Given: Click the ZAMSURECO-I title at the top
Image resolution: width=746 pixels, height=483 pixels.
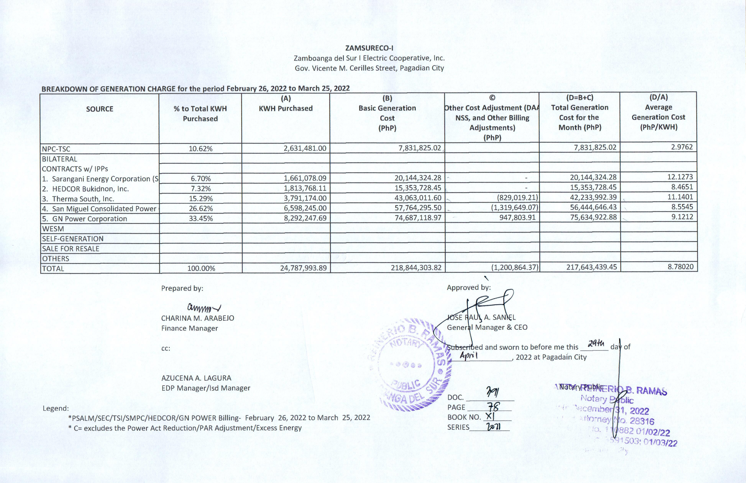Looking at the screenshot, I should point(369,48).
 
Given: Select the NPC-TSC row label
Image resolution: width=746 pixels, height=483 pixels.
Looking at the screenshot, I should point(56,149).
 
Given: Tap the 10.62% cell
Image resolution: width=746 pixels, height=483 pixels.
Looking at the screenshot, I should point(200,149).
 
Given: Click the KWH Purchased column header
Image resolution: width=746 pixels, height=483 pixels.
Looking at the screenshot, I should point(286,108).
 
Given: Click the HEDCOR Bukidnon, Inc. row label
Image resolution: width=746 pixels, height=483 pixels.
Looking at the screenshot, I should point(90,189).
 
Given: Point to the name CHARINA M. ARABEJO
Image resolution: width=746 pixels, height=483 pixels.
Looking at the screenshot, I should point(198,318).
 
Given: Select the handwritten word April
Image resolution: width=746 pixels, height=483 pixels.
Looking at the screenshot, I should point(468,355).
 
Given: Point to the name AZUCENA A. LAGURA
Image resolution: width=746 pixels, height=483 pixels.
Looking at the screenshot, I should point(196,378).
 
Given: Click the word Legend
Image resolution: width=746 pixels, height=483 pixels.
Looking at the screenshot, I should point(56,408).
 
